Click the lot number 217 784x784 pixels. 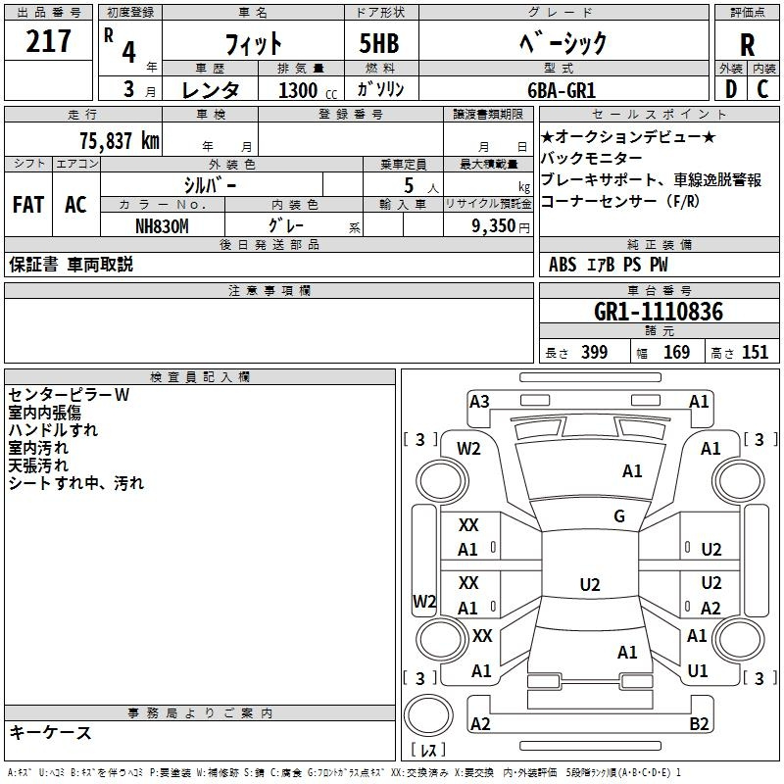point(48,41)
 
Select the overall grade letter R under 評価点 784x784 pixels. point(747,44)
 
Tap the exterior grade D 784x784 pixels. point(731,89)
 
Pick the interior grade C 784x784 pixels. point(762,89)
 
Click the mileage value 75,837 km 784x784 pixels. point(120,141)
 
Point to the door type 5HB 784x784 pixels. point(379,43)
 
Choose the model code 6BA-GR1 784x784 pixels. point(562,90)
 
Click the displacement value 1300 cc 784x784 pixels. point(308,90)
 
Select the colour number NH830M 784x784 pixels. point(162,226)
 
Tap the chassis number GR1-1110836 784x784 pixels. point(659,312)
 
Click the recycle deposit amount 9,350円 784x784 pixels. point(501,226)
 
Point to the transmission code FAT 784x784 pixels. point(28,205)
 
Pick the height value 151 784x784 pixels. point(755,352)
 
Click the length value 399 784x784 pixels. point(595,352)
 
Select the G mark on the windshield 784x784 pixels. point(619,516)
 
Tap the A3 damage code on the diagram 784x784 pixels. point(479,402)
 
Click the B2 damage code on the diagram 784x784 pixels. point(699,723)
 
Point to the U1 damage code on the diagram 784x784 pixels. point(698,671)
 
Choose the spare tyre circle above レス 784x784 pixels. point(428,715)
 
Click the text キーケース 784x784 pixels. point(50,732)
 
